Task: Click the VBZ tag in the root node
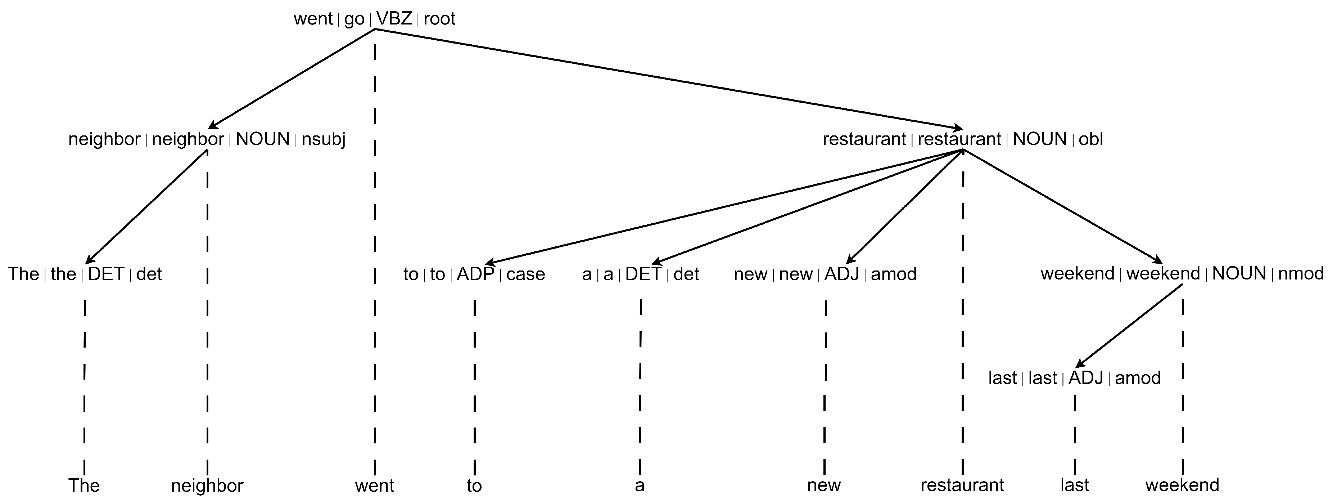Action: click(394, 19)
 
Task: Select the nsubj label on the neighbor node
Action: click(323, 139)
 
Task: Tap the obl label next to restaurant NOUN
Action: click(1090, 139)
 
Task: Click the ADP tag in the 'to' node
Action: click(475, 274)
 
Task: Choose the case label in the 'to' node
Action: click(525, 274)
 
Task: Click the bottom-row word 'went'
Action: click(374, 486)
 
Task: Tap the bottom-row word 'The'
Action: click(84, 486)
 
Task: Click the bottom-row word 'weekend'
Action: click(1182, 485)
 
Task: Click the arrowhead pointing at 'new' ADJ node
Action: click(850, 261)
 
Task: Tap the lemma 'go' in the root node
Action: click(354, 19)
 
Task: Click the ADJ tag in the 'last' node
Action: click(1085, 377)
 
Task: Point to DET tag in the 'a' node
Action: click(643, 274)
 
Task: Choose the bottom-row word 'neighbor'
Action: click(207, 486)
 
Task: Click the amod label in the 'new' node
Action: click(893, 274)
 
